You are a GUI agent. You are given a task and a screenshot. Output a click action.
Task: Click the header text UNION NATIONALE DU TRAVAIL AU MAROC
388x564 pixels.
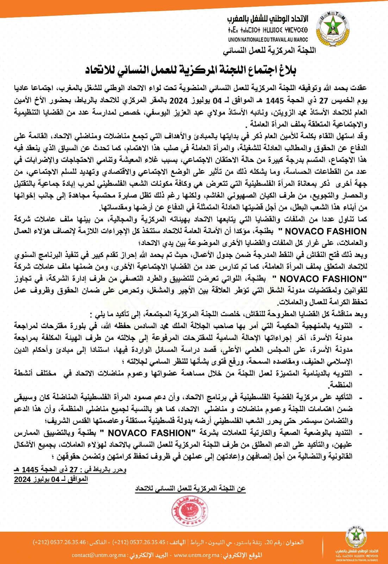click(x=268, y=40)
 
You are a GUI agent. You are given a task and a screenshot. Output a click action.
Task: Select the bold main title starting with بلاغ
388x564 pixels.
click(x=190, y=69)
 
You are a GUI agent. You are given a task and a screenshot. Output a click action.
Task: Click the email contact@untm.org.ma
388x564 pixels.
click(x=99, y=555)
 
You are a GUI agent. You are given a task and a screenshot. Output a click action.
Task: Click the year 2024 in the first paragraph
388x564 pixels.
click(x=179, y=101)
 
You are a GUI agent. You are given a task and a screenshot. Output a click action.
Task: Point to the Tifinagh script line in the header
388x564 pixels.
click(x=268, y=30)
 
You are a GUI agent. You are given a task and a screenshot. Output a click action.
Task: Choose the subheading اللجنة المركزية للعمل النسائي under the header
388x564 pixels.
click(x=269, y=50)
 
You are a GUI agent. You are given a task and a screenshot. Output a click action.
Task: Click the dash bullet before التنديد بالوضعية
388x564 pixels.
click(x=360, y=433)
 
